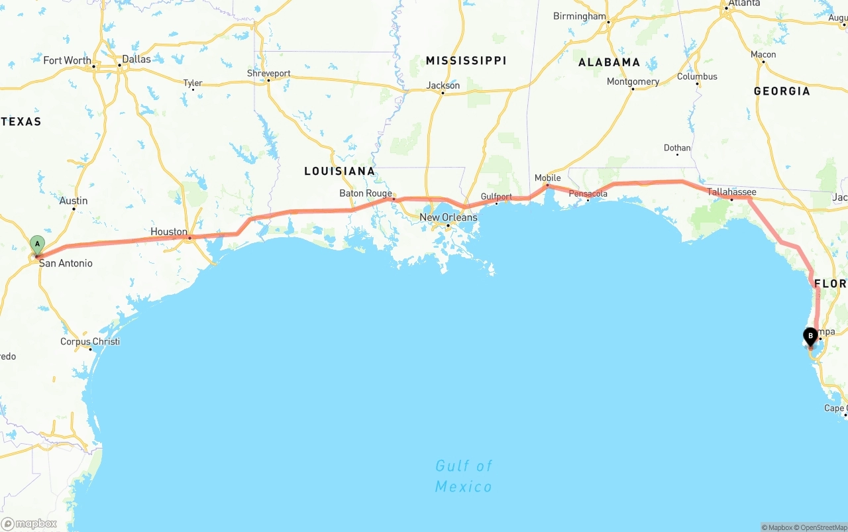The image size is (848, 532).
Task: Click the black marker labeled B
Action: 810,336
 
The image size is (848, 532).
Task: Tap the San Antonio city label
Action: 66,263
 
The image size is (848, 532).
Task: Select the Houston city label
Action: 168,231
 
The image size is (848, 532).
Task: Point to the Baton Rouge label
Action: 365,193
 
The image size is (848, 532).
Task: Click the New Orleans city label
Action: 448,217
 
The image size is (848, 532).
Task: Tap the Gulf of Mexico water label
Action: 464,476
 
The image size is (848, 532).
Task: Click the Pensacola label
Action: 588,193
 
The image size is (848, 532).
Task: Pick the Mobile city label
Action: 547,178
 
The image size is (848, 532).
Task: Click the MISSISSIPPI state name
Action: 466,60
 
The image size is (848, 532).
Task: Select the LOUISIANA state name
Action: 339,171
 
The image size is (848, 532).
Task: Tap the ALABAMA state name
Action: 609,62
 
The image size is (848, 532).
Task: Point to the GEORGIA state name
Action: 781,91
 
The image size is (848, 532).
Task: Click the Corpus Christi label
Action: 90,342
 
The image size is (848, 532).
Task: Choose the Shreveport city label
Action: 268,74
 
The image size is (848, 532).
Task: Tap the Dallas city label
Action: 136,59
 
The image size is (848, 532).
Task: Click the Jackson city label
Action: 443,85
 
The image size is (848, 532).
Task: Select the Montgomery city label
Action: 633,81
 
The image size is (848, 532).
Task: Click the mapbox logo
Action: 30,523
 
